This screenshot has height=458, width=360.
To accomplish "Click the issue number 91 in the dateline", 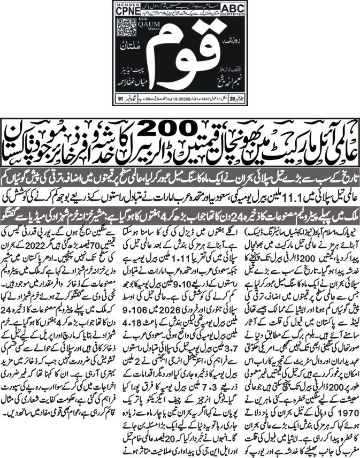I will (120, 98).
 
